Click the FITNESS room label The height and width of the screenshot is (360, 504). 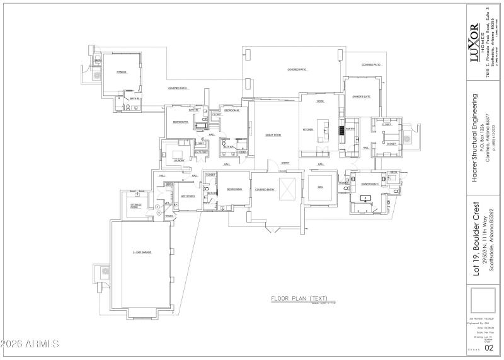click(x=121, y=73)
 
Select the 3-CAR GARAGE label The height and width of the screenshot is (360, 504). click(x=142, y=252)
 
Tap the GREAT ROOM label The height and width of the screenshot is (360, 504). click(x=273, y=135)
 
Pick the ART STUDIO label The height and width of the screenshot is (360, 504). click(x=188, y=196)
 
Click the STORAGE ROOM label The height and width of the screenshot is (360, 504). click(x=135, y=206)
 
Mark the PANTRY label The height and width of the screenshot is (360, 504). click(x=350, y=129)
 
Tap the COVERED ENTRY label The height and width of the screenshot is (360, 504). click(x=265, y=189)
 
